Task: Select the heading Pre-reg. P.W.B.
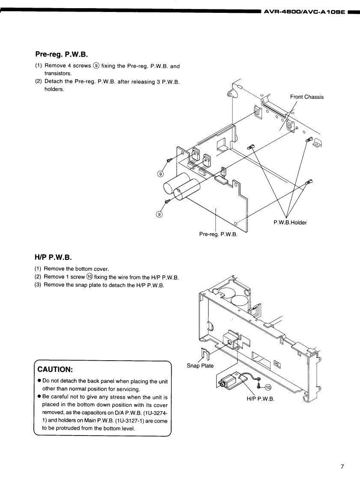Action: coord(61,55)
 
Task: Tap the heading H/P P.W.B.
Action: coord(53,258)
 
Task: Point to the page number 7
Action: coord(342,467)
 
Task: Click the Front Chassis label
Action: coord(306,97)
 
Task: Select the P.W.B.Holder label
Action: coord(290,222)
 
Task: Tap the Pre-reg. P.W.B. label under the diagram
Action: coord(218,234)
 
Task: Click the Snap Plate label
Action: coord(200,366)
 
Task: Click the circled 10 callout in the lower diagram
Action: coord(268,387)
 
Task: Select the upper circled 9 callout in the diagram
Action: coord(161,174)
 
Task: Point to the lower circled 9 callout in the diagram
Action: coord(159,215)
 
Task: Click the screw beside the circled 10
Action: coord(259,386)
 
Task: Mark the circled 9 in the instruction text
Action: coord(96,66)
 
